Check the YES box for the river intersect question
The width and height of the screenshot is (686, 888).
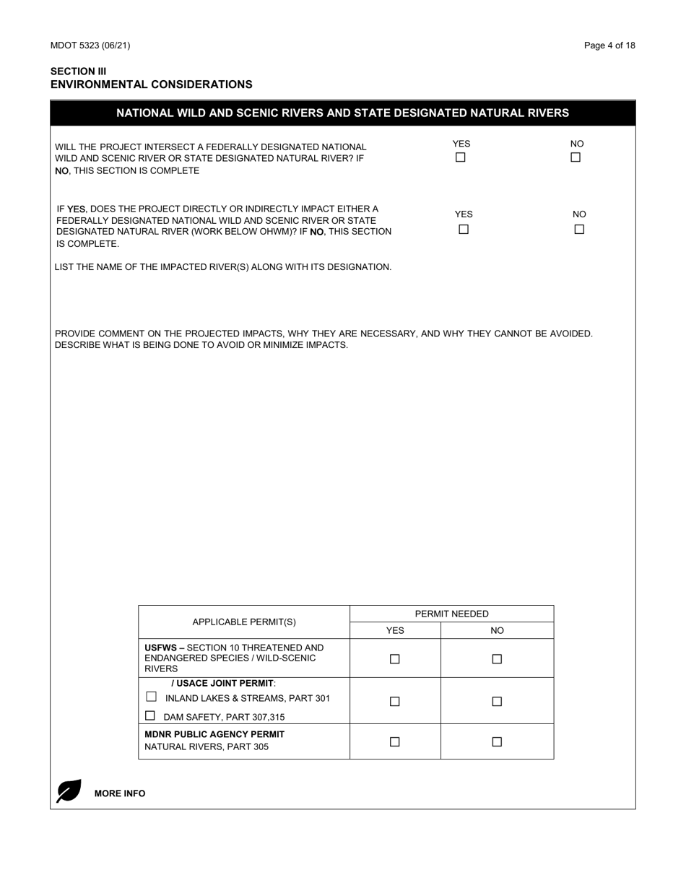point(461,157)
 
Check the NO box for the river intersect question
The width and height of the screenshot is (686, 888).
point(576,157)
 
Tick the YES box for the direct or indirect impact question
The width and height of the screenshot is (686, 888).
point(464,230)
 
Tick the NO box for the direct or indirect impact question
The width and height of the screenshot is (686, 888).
point(579,230)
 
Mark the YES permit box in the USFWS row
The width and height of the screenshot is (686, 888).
point(395,658)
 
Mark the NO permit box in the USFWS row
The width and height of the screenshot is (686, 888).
point(497,658)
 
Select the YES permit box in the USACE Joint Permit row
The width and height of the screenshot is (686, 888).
point(395,701)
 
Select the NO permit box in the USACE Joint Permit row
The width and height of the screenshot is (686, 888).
point(497,701)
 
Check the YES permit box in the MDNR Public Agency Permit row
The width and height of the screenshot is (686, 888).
point(395,741)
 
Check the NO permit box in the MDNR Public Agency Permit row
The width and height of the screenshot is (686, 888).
point(497,741)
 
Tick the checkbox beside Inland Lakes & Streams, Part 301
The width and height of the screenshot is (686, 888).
point(151,697)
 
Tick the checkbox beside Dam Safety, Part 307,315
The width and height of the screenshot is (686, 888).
point(150,715)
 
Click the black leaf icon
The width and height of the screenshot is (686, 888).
point(69,791)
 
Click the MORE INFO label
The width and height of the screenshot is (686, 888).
point(120,793)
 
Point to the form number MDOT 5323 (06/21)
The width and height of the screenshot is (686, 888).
point(90,45)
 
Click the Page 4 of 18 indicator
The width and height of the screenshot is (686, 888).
point(609,45)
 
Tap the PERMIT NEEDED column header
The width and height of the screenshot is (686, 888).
point(451,614)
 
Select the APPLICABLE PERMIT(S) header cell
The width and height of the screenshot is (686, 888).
point(244,622)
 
